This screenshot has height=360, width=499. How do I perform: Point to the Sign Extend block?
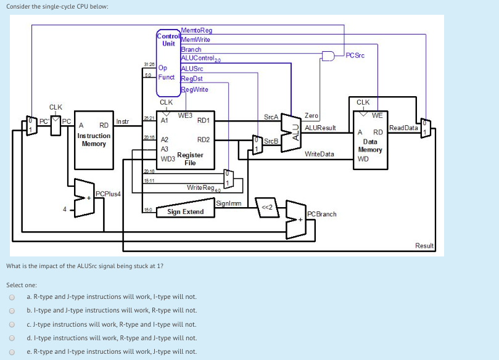(x=185, y=212)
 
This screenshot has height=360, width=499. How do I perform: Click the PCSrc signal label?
(x=355, y=55)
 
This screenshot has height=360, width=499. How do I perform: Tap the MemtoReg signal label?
(x=197, y=30)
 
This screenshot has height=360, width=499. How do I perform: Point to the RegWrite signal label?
(x=195, y=89)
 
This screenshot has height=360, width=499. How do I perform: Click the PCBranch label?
(x=323, y=214)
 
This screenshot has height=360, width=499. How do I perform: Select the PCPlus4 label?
(x=108, y=194)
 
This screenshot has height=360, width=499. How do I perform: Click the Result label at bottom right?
(x=424, y=245)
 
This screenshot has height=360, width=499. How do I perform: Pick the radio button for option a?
(x=11, y=297)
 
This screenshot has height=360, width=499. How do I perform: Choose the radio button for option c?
(x=11, y=324)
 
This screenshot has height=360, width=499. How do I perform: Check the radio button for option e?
(x=11, y=351)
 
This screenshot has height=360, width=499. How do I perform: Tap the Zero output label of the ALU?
(x=311, y=115)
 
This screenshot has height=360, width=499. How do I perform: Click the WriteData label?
(x=320, y=153)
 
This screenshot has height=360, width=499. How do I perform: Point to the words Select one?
(x=22, y=285)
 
